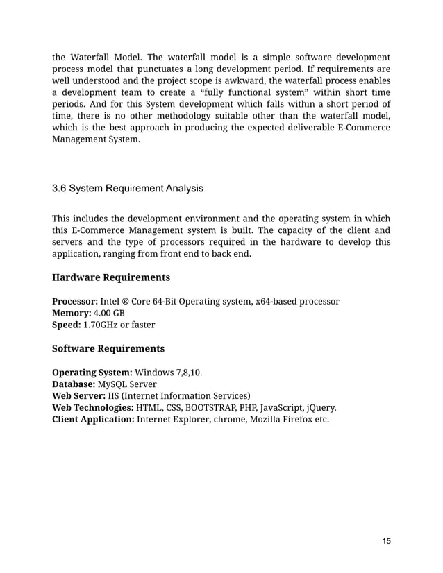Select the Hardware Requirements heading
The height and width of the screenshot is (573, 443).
(x=111, y=277)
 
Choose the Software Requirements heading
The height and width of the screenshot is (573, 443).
(x=108, y=348)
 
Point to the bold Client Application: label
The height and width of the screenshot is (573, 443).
(x=93, y=419)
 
